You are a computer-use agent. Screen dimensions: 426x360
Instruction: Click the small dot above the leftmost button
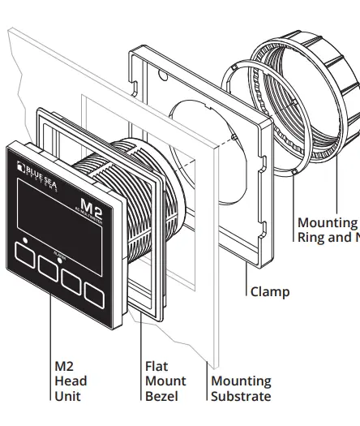coord(27,240)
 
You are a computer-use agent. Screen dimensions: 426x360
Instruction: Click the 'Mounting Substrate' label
coord(241,389)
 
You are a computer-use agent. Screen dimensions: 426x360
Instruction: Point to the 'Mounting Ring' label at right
coord(328,230)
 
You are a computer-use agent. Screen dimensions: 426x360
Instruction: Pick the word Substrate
coord(241,396)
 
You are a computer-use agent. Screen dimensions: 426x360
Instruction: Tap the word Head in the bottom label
coord(71,381)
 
